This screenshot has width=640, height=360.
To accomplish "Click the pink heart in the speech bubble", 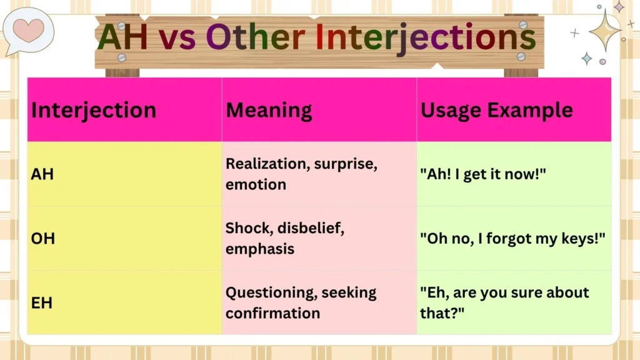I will click(28, 29).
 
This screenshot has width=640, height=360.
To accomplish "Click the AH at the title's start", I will click(123, 37).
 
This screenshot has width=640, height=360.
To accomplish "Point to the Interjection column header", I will click(94, 110).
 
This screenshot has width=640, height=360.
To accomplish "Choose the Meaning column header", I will click(269, 110).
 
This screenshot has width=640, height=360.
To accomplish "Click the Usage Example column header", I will click(496, 110).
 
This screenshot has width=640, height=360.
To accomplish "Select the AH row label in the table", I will click(42, 174).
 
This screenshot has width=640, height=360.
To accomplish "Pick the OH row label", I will click(42, 239).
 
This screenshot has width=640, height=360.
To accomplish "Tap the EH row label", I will click(42, 303).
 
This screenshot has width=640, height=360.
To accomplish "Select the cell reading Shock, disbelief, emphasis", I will click(284, 239).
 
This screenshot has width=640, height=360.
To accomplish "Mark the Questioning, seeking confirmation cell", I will click(301, 302).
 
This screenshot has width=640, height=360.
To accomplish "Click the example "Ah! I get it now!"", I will click(483, 174).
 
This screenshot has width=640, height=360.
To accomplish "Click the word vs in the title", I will click(177, 37).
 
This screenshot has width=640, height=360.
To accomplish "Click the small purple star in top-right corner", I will click(619, 7).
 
